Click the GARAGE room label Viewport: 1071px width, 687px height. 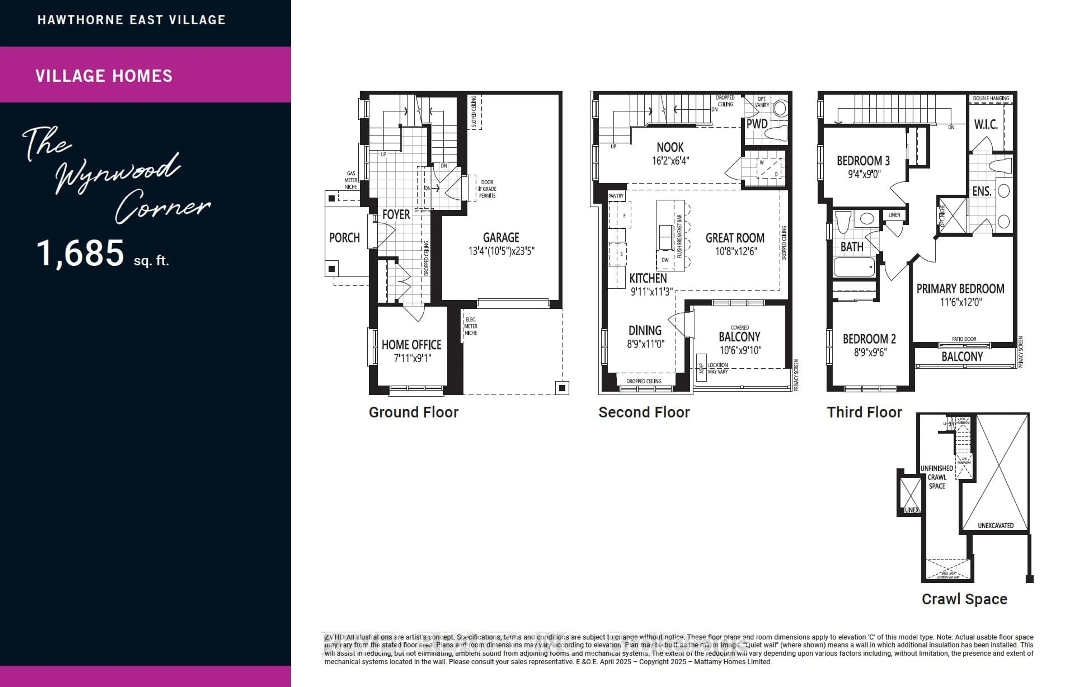point(501,237)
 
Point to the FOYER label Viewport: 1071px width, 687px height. point(396,215)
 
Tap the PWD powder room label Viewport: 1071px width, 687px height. point(757,124)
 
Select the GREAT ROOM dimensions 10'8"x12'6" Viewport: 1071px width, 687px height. point(735,251)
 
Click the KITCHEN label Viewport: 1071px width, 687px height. point(648,278)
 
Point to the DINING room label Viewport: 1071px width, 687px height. point(645,331)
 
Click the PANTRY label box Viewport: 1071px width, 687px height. point(616,196)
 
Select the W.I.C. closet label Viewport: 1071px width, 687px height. point(986,124)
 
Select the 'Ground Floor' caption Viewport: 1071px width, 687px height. point(413,412)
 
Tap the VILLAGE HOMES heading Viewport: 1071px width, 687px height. point(104,76)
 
